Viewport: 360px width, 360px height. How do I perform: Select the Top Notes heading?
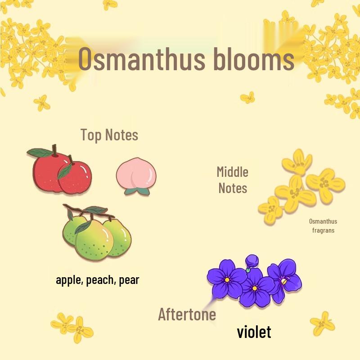click(x=109, y=135)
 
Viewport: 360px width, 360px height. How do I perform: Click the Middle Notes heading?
click(x=233, y=180)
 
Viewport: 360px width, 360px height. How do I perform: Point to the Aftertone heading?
click(x=187, y=314)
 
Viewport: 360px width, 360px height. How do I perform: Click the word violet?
click(x=254, y=332)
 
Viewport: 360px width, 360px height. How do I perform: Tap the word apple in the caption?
click(x=69, y=280)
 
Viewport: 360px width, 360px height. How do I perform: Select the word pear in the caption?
click(x=129, y=280)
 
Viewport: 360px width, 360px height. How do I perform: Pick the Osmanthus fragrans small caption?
click(x=323, y=226)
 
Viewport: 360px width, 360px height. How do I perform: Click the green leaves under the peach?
click(x=137, y=191)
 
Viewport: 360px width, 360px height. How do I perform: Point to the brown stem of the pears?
click(x=85, y=211)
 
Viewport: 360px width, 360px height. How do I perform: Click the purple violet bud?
click(x=252, y=260)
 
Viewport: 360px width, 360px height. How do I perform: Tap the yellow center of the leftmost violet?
click(x=227, y=279)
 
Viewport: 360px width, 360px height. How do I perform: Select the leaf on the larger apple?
click(x=40, y=153)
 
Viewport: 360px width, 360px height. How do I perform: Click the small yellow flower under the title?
click(x=247, y=97)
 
